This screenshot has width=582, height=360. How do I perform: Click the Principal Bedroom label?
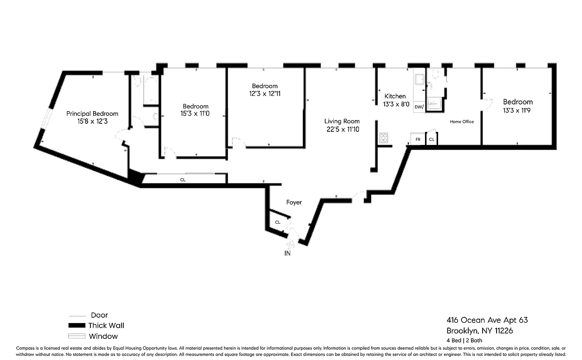coord(92,113)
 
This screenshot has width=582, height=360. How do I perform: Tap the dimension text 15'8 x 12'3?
coord(92,121)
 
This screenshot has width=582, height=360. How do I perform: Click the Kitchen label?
coord(395,96)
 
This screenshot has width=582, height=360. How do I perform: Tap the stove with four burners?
coord(384,138)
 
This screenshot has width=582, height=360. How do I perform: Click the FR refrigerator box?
coord(418,139)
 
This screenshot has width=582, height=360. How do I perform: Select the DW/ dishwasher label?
coord(419,107)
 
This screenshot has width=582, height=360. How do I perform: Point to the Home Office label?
coord(462,121)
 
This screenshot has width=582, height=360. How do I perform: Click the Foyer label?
coord(294,202)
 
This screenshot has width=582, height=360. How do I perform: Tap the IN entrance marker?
coord(287,253)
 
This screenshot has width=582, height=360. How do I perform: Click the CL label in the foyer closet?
coord(278,222)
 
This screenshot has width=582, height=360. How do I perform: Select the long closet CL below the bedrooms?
coord(183,180)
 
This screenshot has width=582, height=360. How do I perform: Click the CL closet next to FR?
coord(431,139)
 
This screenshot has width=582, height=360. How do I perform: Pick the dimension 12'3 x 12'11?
coord(264,94)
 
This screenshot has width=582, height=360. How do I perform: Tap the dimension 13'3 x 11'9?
coord(518,110)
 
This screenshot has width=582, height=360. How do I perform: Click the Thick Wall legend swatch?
coord(76,326)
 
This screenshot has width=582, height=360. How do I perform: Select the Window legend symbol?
coord(76,336)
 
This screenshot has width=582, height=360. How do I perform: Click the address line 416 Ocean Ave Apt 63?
coord(487,320)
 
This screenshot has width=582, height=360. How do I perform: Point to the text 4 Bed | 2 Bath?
coord(464,341)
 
